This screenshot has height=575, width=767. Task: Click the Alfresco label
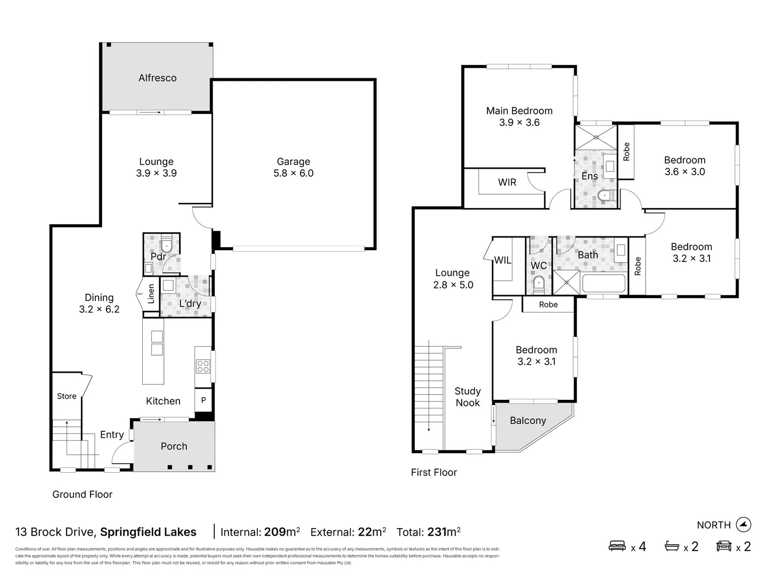click(157, 78)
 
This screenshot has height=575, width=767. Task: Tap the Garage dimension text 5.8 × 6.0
click(293, 173)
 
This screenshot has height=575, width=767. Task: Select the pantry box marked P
click(203, 400)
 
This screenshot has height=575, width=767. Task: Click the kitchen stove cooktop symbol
click(203, 366)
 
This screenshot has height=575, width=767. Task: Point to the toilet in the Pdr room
click(166, 245)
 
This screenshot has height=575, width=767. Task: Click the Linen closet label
click(151, 294)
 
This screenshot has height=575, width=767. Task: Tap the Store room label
click(67, 396)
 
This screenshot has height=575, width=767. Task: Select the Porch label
click(174, 446)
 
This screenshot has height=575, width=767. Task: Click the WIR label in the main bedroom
click(507, 182)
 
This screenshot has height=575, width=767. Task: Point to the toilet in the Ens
click(605, 196)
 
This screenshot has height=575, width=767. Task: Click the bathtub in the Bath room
click(603, 283)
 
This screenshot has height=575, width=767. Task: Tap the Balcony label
click(527, 421)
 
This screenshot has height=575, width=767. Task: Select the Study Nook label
click(467, 397)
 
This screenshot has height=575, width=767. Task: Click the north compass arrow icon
click(743, 524)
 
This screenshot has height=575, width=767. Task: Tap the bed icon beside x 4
click(617, 546)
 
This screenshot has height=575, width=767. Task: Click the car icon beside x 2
click(724, 546)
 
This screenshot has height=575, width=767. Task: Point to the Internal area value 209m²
click(282, 532)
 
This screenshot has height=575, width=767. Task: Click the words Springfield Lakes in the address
click(148, 532)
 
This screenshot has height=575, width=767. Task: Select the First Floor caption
click(434, 472)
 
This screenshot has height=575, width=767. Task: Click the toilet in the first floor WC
click(538, 283)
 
